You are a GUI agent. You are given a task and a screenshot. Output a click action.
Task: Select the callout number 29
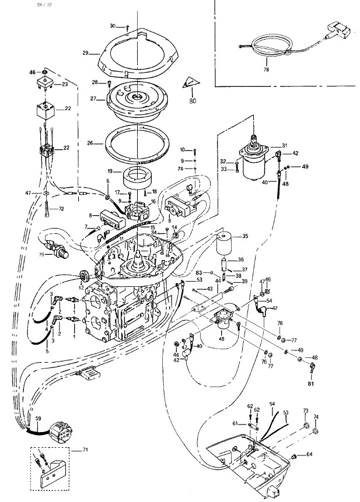coord(85,53)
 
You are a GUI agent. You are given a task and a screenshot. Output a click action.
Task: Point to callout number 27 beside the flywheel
coord(93,100)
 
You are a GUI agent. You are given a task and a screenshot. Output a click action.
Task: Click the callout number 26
coord(90,143)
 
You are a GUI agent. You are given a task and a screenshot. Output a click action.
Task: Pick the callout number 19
coord(110,172)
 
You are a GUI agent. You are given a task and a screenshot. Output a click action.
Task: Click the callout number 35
coord(245,236)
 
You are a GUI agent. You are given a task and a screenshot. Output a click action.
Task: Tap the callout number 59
coord(39,419)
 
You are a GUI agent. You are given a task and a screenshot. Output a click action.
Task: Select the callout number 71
coord(85,451)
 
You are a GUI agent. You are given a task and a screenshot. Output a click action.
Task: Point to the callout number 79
coord(41,254)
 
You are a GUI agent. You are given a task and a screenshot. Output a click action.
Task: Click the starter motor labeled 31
coord(256,162)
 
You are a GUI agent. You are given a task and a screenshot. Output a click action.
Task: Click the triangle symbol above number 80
coord(189,83)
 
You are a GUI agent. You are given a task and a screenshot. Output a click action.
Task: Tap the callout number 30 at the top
coord(113,26)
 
